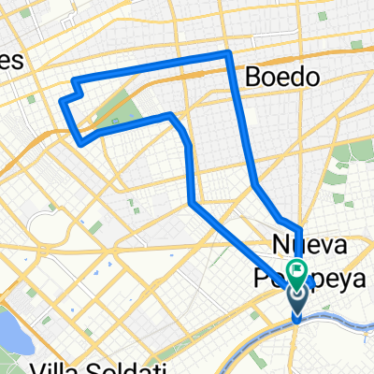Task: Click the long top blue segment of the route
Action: coord(150,65)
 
